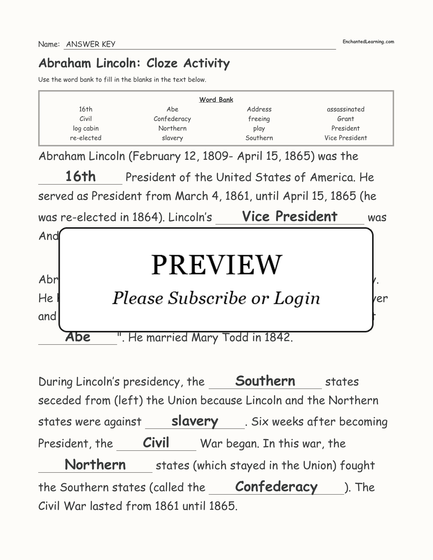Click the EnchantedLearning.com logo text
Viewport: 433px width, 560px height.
[368, 42]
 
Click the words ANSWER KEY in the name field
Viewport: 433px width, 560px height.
[91, 44]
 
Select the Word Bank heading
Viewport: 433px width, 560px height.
[216, 100]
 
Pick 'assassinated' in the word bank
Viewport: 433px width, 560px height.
[345, 109]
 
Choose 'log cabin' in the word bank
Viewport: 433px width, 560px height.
[86, 128]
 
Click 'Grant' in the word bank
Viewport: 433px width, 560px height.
[345, 119]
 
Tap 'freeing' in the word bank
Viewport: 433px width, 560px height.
[259, 119]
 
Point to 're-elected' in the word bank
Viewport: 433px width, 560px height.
[86, 138]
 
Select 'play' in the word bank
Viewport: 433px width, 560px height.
[259, 129]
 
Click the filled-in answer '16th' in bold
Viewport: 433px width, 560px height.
[80, 176]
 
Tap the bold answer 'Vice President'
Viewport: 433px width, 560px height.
[289, 216]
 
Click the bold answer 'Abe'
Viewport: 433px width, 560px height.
[78, 337]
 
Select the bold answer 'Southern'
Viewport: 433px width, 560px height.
[265, 381]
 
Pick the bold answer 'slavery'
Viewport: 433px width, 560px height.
[195, 421]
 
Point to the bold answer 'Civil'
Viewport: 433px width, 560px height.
[156, 443]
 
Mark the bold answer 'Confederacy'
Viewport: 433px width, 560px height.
[276, 486]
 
